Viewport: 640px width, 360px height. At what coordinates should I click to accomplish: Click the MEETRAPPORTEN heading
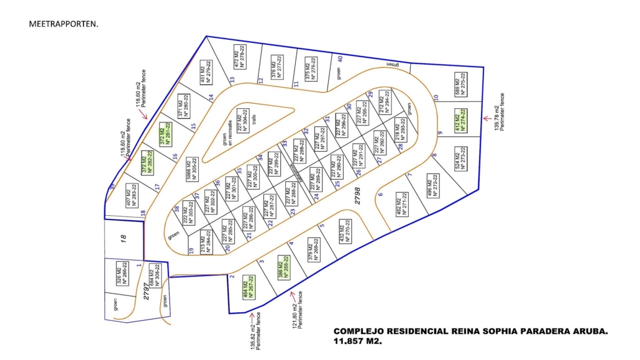tap(63, 24)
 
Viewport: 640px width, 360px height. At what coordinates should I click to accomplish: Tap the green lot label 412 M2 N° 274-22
tap(460, 118)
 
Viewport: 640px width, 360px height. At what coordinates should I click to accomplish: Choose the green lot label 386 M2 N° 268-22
tap(284, 267)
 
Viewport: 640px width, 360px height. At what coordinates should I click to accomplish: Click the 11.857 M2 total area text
tap(357, 342)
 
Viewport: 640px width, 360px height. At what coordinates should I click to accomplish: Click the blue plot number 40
tap(340, 59)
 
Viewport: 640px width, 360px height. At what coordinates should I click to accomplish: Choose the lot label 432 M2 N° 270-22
tap(344, 231)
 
